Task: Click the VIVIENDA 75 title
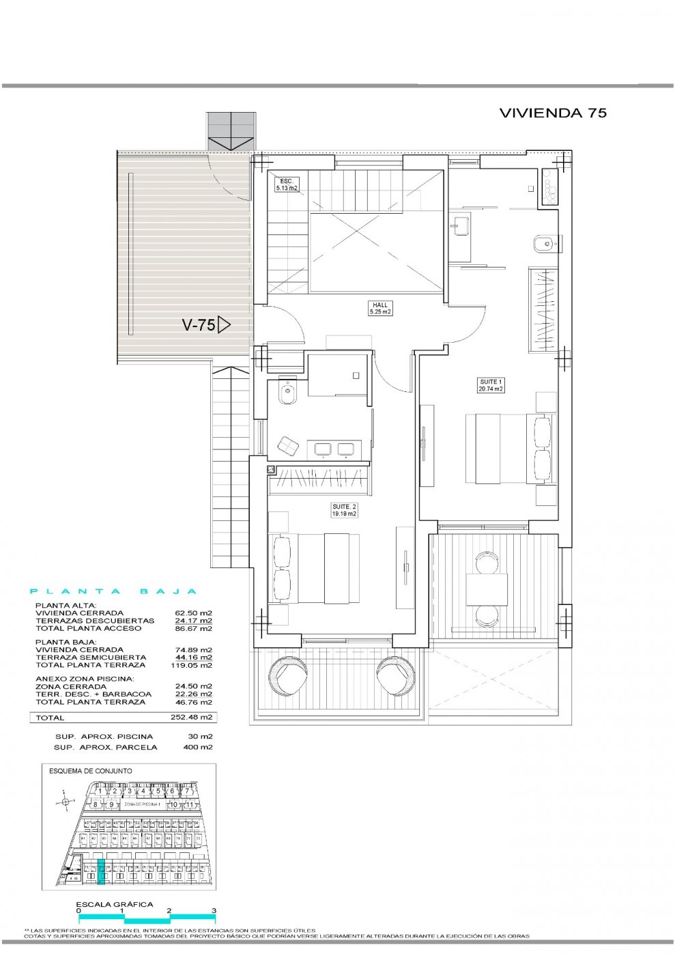552,113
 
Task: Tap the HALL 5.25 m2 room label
380,309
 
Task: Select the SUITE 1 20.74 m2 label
491,385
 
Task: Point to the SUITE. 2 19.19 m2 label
344,510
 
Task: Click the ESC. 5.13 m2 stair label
286,184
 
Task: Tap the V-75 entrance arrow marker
224,325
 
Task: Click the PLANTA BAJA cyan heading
114,592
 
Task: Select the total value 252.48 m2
191,718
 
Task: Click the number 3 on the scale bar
214,911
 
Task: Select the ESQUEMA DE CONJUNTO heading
91,771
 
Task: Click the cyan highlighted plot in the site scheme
102,872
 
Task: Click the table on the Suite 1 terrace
487,589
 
